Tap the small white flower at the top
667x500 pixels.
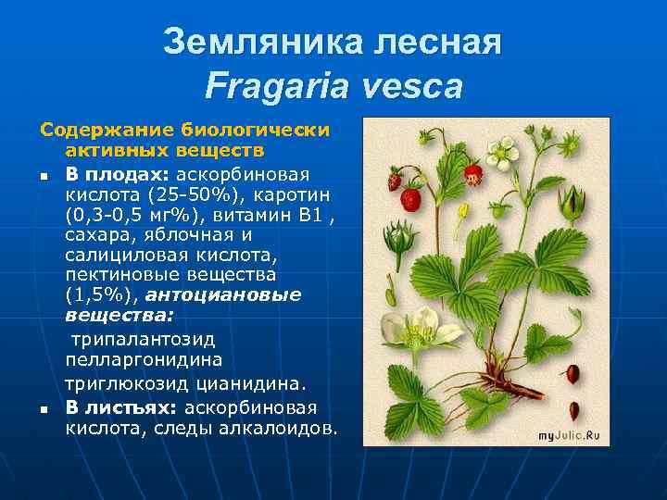tap(505, 149)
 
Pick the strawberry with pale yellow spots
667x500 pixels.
tap(473, 174)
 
